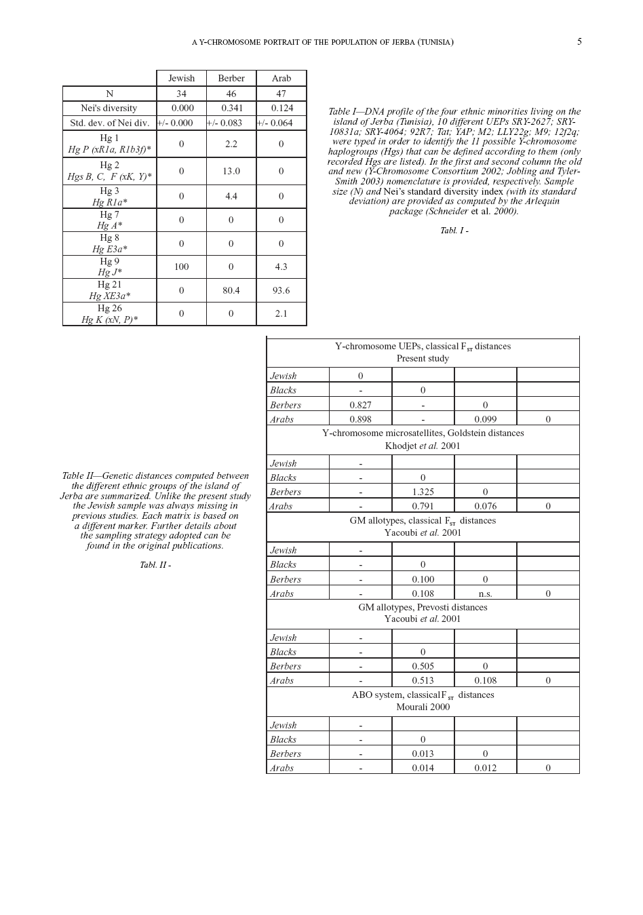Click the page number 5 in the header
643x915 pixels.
point(579,41)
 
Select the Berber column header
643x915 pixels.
point(231,78)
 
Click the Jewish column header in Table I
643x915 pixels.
point(181,78)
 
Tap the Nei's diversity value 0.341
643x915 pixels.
point(231,108)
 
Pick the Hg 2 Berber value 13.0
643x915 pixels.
point(231,171)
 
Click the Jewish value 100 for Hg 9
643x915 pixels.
point(181,267)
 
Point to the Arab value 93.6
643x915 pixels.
point(281,290)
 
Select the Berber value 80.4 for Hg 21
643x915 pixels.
point(231,290)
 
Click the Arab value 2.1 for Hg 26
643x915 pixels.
point(281,313)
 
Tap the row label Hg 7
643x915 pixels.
point(109,214)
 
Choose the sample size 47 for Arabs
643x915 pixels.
point(281,94)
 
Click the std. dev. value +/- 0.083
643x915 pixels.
point(225,123)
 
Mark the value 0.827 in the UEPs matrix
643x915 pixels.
point(360,405)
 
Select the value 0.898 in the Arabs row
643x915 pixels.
point(360,419)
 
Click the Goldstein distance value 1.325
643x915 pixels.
point(423,492)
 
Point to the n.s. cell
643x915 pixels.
point(485,593)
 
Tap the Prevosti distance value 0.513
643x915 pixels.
point(423,680)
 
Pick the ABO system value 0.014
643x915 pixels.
point(423,768)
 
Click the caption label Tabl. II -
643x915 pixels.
point(155,565)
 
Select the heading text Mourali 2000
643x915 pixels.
point(423,707)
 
